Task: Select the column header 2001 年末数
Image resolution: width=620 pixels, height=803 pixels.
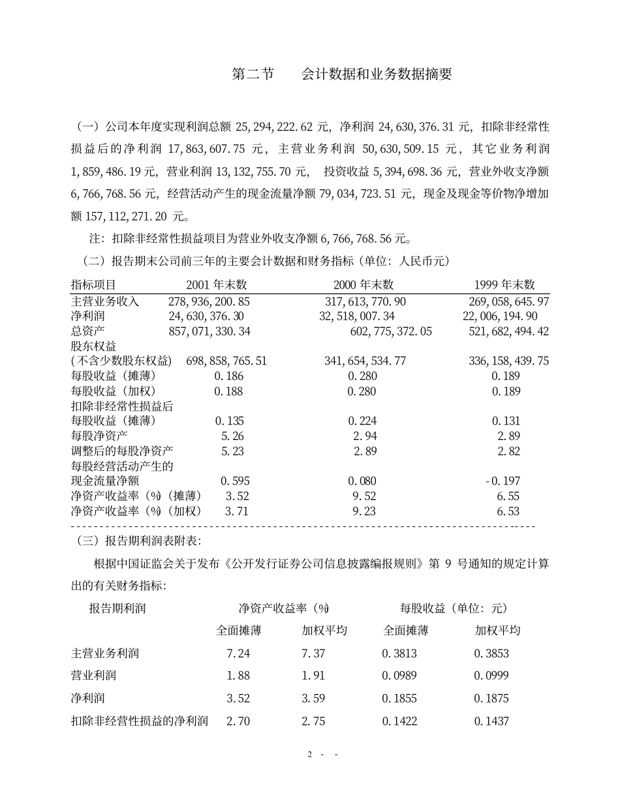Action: click(217, 285)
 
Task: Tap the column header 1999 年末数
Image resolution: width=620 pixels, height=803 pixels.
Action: click(504, 285)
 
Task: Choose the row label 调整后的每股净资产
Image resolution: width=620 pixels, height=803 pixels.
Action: click(122, 451)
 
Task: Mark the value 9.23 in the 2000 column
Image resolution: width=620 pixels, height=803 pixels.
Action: click(364, 512)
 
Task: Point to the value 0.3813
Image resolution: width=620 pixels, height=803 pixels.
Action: click(399, 653)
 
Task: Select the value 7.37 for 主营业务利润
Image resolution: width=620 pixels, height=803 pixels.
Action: click(313, 653)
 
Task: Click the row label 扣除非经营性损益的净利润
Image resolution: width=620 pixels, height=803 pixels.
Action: click(139, 721)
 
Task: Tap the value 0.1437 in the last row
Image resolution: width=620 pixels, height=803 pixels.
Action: click(491, 721)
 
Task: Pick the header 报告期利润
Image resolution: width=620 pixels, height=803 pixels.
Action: click(117, 608)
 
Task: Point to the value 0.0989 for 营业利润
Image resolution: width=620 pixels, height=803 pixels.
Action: click(399, 676)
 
